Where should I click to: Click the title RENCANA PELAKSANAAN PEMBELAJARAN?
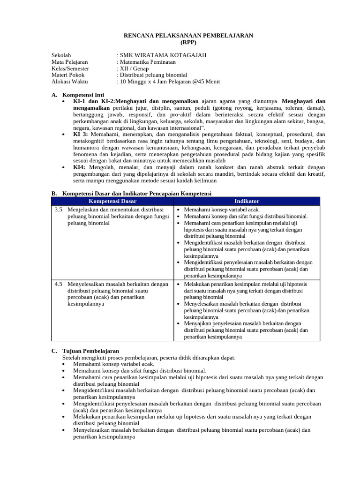188,35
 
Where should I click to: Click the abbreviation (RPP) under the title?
188,42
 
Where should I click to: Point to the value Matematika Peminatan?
147,62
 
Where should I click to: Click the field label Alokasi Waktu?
69,82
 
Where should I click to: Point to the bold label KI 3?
81,134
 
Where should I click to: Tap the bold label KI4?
79,167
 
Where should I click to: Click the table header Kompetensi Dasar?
112,201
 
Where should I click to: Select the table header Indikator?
247,201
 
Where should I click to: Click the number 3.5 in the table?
58,210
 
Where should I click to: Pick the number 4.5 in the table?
58,284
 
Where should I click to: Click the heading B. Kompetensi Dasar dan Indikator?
131,193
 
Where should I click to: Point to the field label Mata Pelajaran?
69,62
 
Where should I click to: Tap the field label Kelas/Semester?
70,68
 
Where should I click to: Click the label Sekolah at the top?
61,55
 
